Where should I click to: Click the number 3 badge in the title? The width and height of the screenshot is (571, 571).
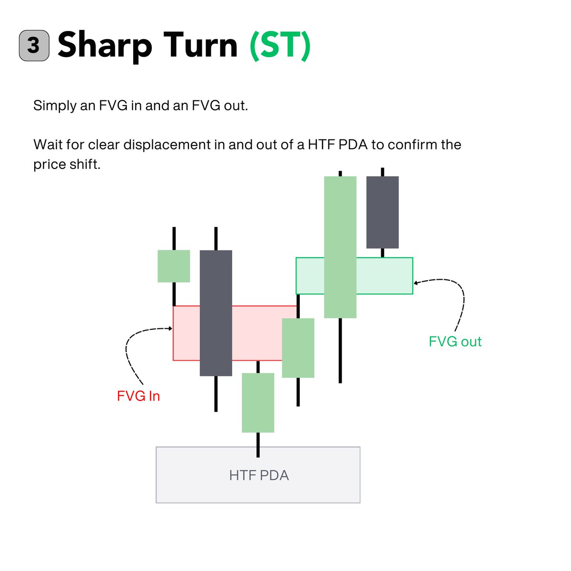(34, 46)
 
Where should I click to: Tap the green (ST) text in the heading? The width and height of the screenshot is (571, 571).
(280, 45)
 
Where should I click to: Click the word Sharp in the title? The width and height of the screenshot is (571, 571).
(105, 46)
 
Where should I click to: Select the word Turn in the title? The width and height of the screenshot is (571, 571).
(200, 45)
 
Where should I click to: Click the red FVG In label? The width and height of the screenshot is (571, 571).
(138, 396)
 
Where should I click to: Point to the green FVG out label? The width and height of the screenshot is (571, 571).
(455, 341)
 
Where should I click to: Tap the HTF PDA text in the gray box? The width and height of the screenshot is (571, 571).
(258, 475)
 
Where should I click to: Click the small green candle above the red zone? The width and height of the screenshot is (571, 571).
(174, 266)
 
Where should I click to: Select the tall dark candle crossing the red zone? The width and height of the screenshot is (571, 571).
(216, 313)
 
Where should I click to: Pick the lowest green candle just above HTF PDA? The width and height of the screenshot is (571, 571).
(258, 403)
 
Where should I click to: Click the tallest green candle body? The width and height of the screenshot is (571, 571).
(340, 247)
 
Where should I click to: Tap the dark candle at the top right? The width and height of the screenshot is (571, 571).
(382, 212)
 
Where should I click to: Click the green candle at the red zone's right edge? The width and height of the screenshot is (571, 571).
(298, 348)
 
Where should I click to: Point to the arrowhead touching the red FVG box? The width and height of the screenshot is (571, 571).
(170, 328)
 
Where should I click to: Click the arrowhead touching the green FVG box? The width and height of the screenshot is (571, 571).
(415, 283)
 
